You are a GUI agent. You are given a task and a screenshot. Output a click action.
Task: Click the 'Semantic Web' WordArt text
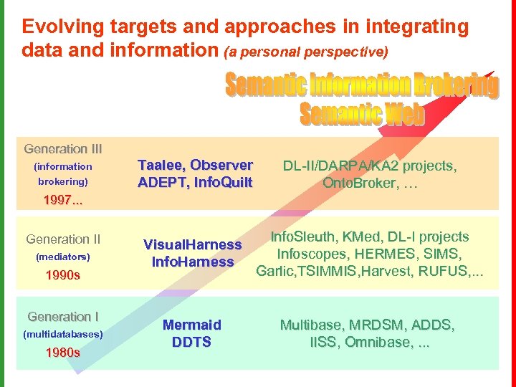click(x=362, y=114)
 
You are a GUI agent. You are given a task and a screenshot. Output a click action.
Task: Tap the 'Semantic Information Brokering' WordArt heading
click(x=362, y=86)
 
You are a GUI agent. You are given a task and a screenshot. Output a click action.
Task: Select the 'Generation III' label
click(x=63, y=149)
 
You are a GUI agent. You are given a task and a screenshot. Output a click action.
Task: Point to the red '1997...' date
click(x=63, y=200)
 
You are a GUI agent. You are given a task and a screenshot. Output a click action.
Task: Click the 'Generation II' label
click(x=63, y=239)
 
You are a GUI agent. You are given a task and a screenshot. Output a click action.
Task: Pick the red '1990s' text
click(x=63, y=274)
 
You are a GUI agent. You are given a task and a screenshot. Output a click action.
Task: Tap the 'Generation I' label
click(x=63, y=317)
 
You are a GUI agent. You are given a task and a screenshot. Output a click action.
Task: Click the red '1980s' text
click(x=63, y=353)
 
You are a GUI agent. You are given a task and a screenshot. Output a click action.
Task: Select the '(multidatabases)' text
click(x=63, y=334)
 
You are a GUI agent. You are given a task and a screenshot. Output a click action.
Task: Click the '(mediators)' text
click(x=63, y=257)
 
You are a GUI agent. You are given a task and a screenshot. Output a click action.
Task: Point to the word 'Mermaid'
click(x=191, y=325)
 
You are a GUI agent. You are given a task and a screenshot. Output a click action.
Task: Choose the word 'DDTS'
click(x=191, y=342)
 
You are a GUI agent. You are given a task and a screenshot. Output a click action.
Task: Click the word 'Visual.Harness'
click(x=193, y=244)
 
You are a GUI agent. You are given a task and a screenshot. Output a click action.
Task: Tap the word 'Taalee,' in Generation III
click(x=164, y=165)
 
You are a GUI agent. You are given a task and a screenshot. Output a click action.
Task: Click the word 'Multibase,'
click(x=313, y=325)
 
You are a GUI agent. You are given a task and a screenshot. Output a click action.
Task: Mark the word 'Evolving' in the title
click(x=63, y=27)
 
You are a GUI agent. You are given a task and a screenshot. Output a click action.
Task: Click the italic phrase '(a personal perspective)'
click(x=307, y=52)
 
